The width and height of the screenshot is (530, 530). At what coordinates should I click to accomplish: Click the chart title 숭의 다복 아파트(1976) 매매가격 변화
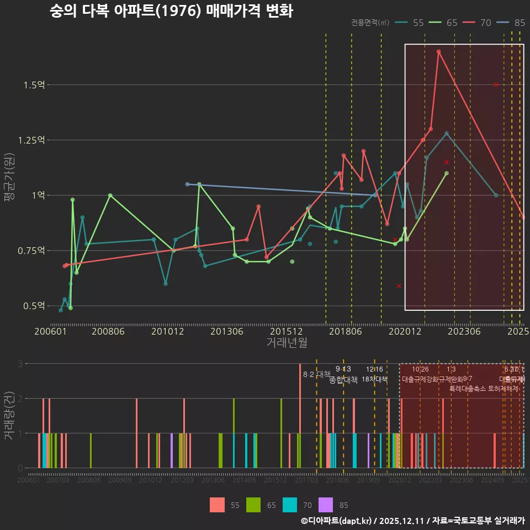171,11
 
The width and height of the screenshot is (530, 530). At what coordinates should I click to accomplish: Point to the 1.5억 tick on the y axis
34,85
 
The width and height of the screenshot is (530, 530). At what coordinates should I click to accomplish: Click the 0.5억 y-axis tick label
34,306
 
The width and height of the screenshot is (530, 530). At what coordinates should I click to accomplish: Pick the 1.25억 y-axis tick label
31,140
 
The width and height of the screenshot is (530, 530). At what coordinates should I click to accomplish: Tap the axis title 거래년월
287,343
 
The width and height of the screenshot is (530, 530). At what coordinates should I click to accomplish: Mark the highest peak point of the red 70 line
438,52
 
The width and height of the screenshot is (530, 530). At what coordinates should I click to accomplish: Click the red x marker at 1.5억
496,85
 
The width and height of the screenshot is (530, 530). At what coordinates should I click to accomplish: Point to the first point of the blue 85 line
187,184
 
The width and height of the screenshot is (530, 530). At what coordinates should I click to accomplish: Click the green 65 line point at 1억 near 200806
110,195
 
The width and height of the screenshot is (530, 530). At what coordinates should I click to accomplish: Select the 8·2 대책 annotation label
317,375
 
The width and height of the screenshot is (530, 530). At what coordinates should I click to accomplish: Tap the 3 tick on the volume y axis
20,364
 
